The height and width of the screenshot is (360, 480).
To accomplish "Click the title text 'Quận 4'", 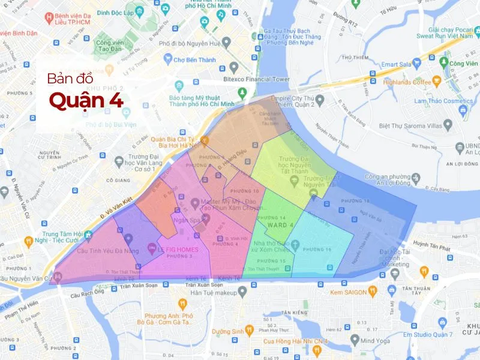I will [86, 100].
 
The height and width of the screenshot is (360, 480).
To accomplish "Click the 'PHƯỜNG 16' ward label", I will [317, 249].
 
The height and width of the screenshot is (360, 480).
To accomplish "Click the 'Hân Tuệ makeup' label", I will [211, 292].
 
